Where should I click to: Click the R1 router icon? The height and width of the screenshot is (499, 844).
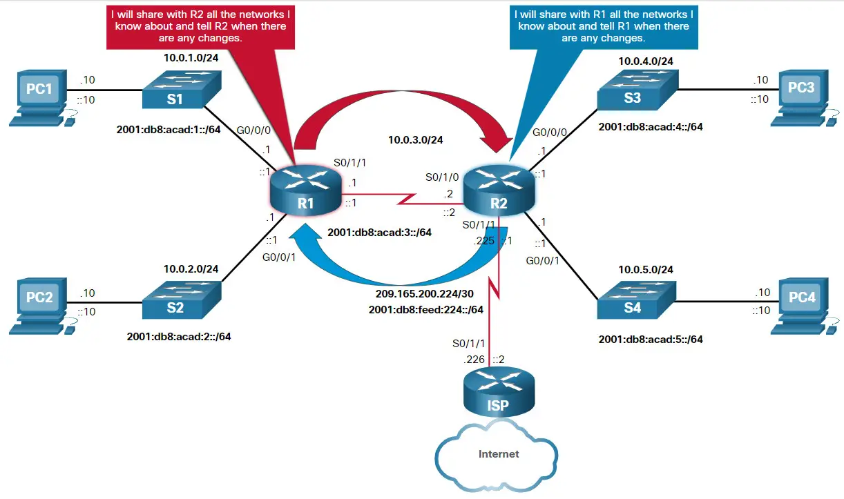pos(305,190)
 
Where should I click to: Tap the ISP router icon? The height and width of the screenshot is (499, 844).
pos(497,394)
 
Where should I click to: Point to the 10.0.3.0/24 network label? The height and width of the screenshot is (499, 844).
pos(415,139)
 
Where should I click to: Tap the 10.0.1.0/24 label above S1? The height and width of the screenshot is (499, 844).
pos(191,57)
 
